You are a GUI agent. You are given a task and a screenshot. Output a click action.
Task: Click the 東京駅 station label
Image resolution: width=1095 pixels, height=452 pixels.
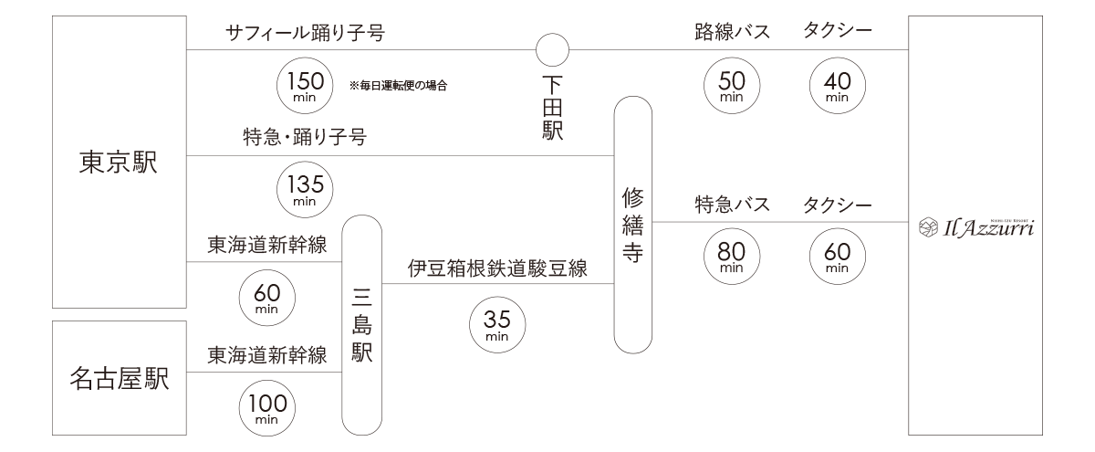pos(119,165)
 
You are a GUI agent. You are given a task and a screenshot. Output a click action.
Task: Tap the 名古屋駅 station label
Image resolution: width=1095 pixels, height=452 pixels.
pos(119,379)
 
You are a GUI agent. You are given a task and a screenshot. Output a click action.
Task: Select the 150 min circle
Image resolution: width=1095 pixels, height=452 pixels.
pos(303,85)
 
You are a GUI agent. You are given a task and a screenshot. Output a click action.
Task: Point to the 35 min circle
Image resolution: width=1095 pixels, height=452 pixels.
pos(496,324)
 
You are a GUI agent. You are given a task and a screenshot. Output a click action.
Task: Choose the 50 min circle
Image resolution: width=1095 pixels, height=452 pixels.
pos(732,85)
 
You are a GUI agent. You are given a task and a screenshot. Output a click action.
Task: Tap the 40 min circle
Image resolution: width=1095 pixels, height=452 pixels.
pos(836,85)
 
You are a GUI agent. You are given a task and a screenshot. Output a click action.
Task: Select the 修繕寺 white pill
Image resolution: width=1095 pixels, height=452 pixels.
pos(632,226)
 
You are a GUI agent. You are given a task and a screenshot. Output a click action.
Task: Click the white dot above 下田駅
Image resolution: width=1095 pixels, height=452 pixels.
pos(552,49)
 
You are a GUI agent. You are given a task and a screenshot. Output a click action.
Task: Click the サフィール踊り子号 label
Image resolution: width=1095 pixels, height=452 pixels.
pos(304,35)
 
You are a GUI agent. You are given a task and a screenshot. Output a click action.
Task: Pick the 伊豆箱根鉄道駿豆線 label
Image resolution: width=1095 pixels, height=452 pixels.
pos(496,269)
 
